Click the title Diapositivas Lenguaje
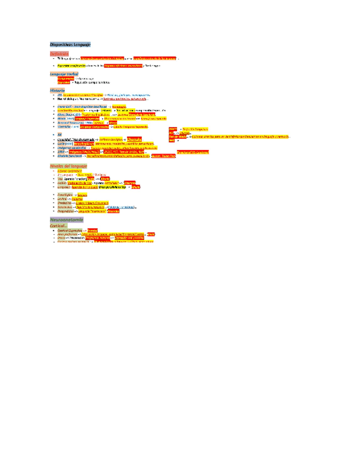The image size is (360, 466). coord(70,43)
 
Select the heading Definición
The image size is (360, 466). coord(60,53)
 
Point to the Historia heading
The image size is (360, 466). coord(57,89)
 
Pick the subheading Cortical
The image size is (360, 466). coord(59,225)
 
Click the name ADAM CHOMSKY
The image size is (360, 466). coord(69,170)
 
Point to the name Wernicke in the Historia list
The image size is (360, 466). coord(64,126)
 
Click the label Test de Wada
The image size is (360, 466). coord(178,137)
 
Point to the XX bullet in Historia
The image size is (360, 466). coord(59,134)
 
